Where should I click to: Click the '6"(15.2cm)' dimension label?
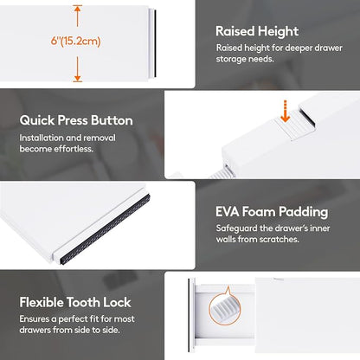pyautogui.click(x=75, y=41)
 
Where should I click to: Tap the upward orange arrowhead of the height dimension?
pyautogui.click(x=77, y=8)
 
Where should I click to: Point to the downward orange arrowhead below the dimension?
pyautogui.click(x=77, y=78)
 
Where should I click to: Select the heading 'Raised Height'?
pyautogui.click(x=257, y=31)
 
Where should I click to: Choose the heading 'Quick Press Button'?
pyautogui.click(x=76, y=120)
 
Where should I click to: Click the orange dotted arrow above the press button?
pyautogui.click(x=285, y=112)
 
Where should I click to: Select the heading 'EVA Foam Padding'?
pyautogui.click(x=272, y=212)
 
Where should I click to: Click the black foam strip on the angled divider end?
pyautogui.click(x=105, y=229)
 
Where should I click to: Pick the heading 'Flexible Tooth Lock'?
pyautogui.click(x=75, y=302)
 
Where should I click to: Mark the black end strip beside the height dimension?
pyautogui.click(x=155, y=43)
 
